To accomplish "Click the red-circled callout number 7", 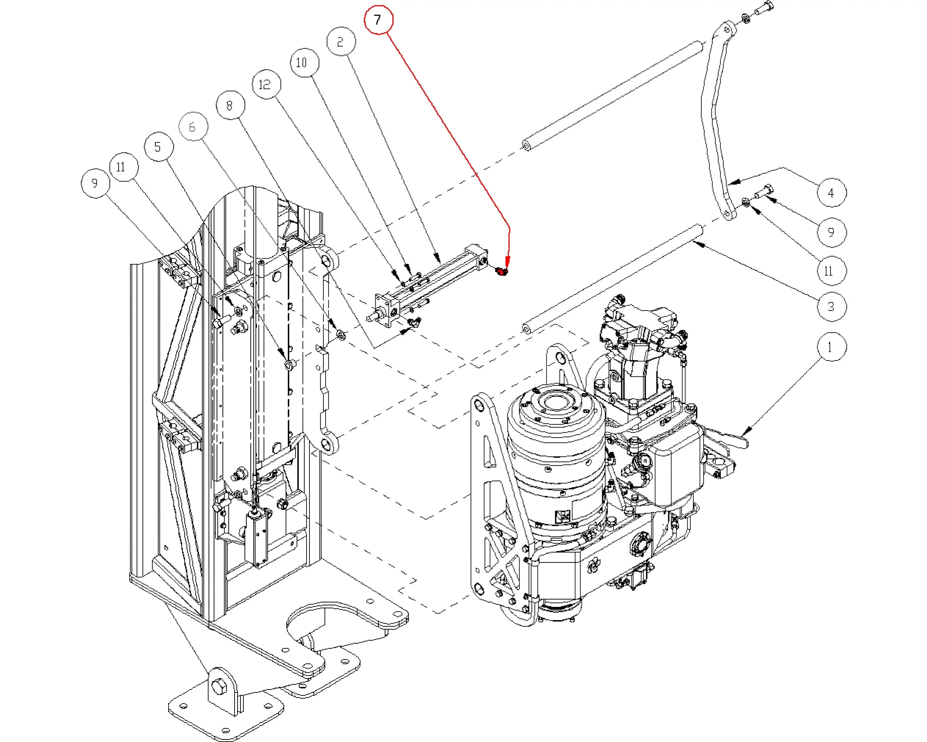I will tap(378, 20).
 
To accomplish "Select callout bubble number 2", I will tap(341, 42).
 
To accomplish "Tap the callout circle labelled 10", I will tap(304, 63).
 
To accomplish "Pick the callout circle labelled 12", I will tap(266, 84).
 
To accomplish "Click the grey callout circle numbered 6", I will tap(193, 126).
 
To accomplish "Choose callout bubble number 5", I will tap(158, 147).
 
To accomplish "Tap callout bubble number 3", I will tap(831, 307).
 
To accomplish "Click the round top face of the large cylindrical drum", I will tap(557, 405).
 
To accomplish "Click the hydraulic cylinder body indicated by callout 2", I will tap(434, 279).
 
